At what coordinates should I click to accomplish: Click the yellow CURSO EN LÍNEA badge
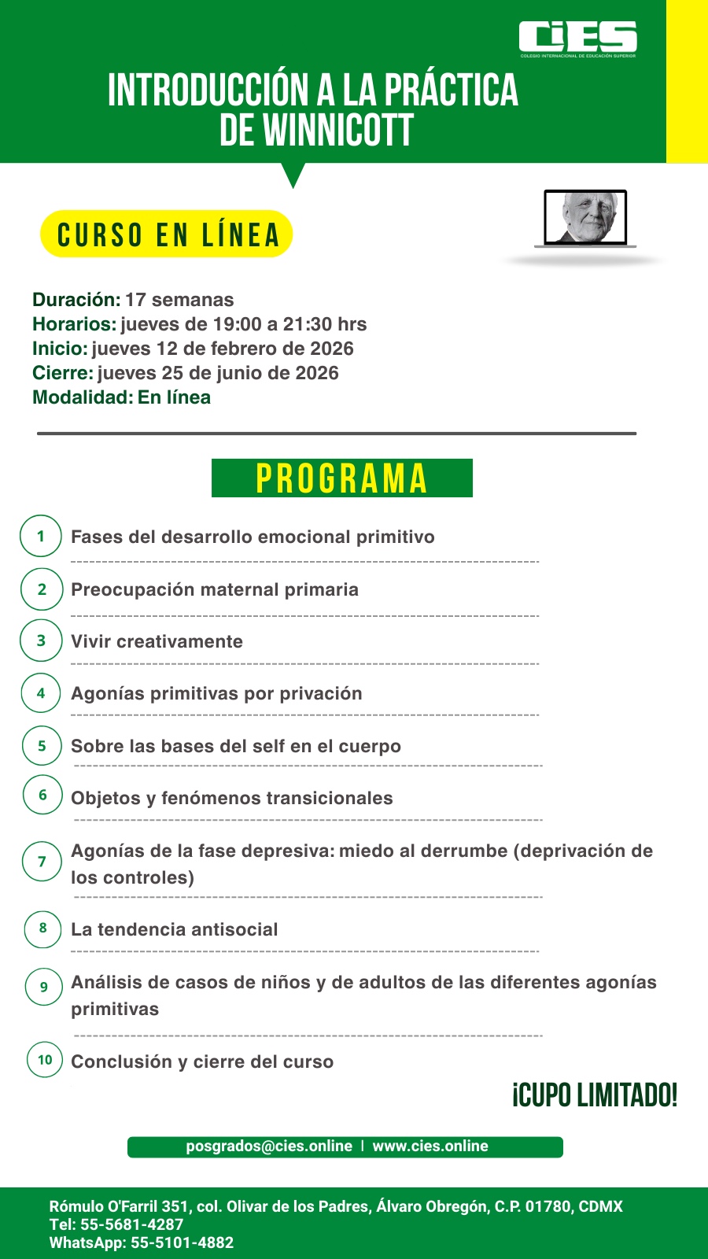(x=167, y=234)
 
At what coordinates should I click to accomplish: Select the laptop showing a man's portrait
(x=585, y=219)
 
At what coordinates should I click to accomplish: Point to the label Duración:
(x=76, y=300)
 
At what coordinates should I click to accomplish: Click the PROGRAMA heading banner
(x=341, y=478)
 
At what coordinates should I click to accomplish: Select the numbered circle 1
(x=41, y=537)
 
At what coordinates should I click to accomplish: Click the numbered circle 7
(x=42, y=862)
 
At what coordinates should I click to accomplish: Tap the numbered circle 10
(x=45, y=1060)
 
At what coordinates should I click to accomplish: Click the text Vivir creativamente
(x=157, y=641)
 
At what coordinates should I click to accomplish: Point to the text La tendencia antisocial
(x=174, y=929)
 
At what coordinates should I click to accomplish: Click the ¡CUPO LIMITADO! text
(x=595, y=1095)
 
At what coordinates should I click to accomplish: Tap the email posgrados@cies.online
(x=269, y=1146)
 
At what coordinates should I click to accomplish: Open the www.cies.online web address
(x=430, y=1146)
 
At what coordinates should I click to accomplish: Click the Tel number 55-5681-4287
(x=131, y=1224)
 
